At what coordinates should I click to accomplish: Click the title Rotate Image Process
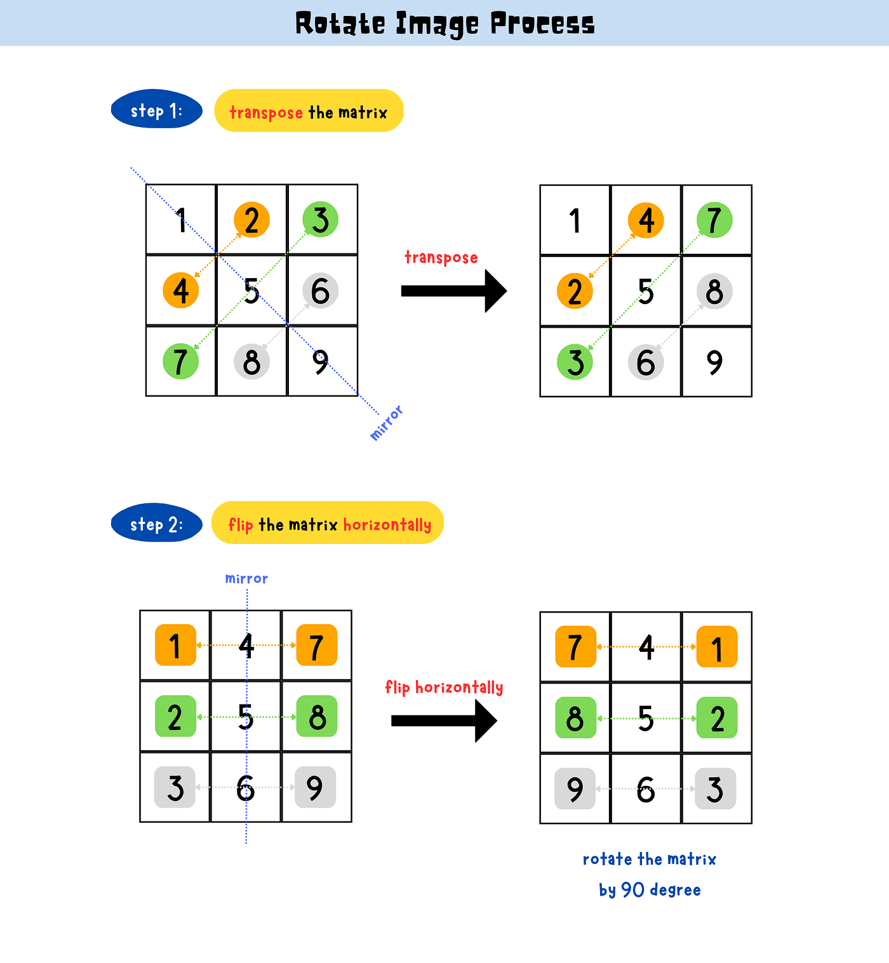pos(444,24)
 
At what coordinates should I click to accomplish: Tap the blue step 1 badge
pos(157,110)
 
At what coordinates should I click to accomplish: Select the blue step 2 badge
pos(157,524)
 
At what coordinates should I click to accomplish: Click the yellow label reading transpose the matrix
pos(309,111)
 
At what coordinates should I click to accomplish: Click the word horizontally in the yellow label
pos(387,525)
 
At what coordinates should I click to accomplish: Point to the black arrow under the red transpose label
pos(453,291)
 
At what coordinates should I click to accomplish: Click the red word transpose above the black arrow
pos(441,257)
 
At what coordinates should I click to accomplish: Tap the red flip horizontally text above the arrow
pos(444,687)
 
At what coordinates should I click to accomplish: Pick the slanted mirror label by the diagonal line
pos(386,423)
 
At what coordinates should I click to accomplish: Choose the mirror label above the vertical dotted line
pos(246,578)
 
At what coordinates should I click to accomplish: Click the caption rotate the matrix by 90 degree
pos(649,874)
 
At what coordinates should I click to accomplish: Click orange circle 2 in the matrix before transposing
pos(251,220)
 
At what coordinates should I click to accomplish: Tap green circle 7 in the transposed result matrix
pos(714,220)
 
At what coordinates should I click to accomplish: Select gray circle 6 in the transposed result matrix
pos(646,362)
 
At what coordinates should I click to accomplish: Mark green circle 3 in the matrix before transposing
pos(321,219)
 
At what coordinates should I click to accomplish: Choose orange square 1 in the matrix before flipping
pos(175,646)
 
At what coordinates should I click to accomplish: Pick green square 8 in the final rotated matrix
pos(575,718)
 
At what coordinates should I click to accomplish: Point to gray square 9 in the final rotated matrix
pos(575,788)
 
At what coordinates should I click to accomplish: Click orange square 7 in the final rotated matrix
pos(575,647)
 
